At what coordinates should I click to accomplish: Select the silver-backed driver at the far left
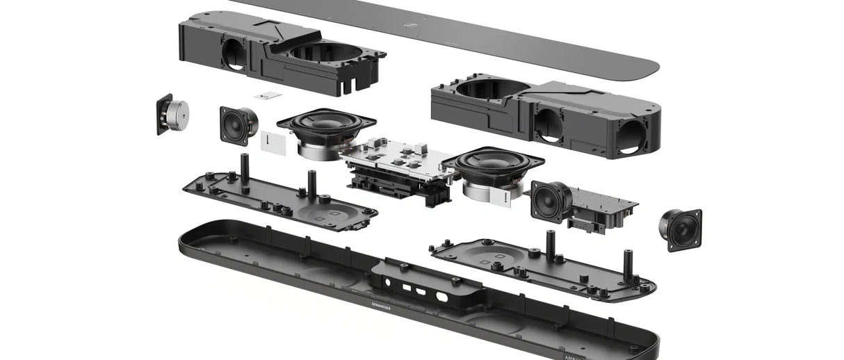(x=173, y=115)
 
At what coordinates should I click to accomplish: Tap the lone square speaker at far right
(x=681, y=229)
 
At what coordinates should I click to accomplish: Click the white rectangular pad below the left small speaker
(x=272, y=142)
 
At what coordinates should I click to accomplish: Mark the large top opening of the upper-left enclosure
(x=323, y=51)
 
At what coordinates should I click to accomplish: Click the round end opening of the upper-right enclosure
(x=634, y=136)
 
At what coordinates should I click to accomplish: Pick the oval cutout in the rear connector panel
(x=441, y=296)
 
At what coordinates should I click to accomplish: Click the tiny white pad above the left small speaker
(x=267, y=95)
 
